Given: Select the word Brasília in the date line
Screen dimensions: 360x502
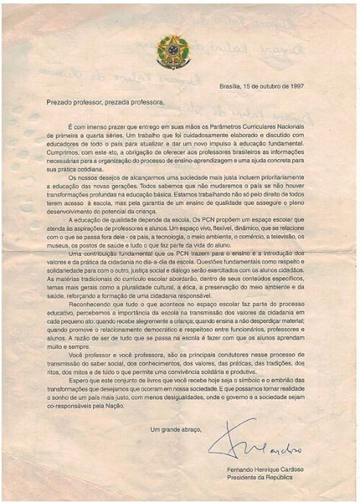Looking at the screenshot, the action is [x=230, y=85].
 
